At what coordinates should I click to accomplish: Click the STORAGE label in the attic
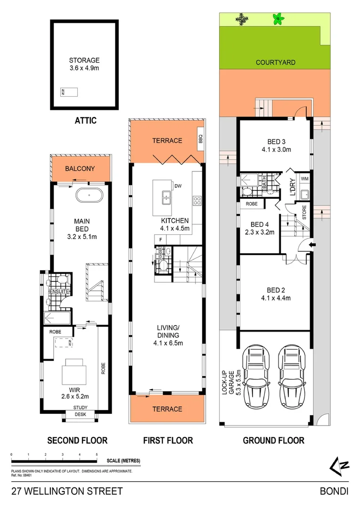[x=84, y=60]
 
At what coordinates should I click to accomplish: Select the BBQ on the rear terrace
[x=200, y=140]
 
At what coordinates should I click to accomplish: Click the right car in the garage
[x=292, y=373]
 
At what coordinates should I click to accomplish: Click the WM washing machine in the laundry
[x=304, y=179]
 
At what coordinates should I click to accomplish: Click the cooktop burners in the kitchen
[x=197, y=201]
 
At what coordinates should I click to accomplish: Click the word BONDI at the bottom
[x=334, y=491]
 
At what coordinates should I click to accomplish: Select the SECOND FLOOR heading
[x=77, y=441]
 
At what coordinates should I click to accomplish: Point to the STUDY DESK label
[x=80, y=411]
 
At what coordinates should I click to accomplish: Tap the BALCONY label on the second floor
[x=80, y=169]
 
